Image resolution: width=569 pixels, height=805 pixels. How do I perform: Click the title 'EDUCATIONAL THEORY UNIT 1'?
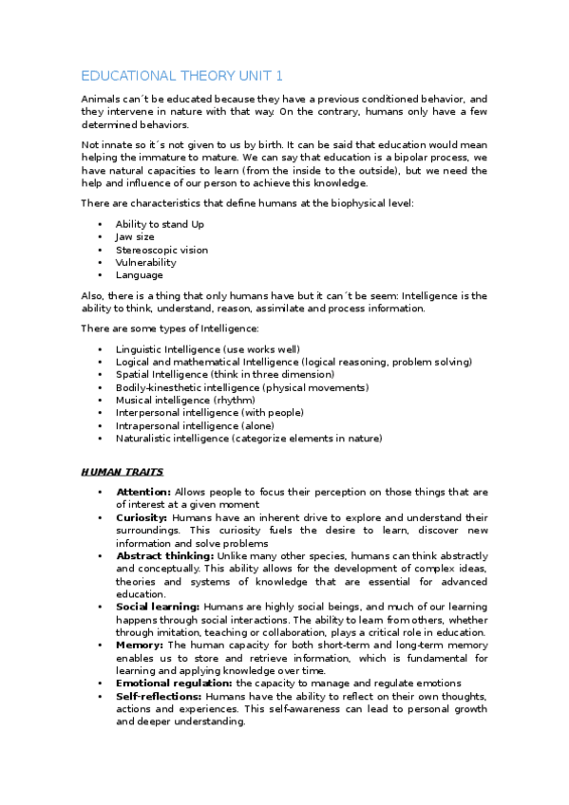coord(181,76)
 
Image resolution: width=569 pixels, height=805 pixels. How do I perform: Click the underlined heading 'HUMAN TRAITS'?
coord(122,471)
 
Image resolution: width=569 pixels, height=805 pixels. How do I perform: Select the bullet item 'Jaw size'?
coord(135,236)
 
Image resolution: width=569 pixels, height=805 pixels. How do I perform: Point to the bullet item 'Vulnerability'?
coord(145,262)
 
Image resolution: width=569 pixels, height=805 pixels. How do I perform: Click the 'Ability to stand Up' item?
coord(160,224)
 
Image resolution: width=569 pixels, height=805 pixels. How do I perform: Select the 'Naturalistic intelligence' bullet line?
coord(249,439)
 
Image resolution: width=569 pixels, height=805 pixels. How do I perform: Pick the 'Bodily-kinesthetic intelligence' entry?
coord(241,387)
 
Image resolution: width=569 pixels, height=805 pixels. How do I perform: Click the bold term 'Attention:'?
coord(143,492)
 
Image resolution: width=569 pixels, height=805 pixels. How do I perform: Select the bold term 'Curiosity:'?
coord(142,517)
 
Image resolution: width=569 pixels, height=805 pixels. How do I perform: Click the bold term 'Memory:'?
coord(139,644)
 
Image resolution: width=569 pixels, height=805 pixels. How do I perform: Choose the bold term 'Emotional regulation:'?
coord(174,683)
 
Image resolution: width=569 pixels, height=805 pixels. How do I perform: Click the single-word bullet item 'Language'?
coord(139,275)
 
